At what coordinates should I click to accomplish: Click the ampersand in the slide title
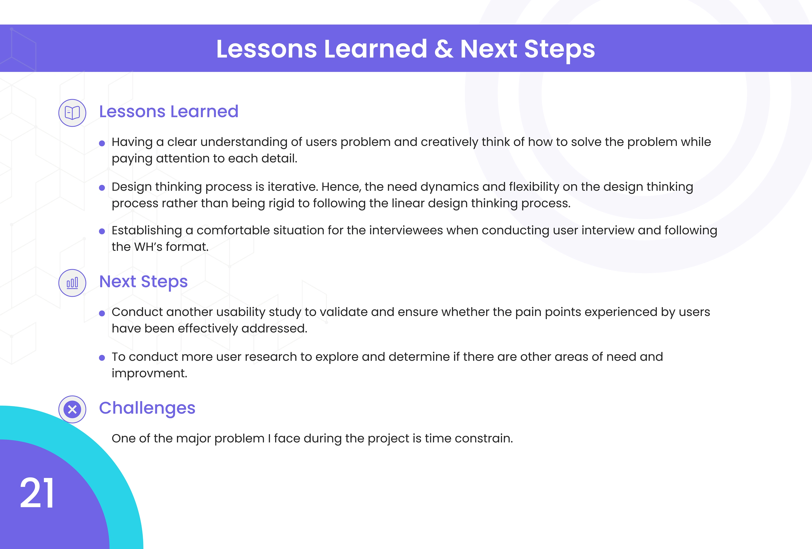444,49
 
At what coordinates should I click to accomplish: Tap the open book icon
72,113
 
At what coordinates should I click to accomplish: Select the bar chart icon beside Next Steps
72,283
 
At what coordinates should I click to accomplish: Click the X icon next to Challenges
72,409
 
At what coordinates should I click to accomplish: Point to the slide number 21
37,493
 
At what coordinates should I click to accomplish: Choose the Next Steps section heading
143,282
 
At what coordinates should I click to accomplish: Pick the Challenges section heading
147,408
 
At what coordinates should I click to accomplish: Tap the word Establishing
147,231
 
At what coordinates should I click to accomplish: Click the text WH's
148,247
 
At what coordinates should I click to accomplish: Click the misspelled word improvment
150,373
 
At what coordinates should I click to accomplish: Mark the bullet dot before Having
102,143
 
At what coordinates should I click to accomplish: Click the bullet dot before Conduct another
102,313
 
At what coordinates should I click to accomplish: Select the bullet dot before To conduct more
102,358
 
